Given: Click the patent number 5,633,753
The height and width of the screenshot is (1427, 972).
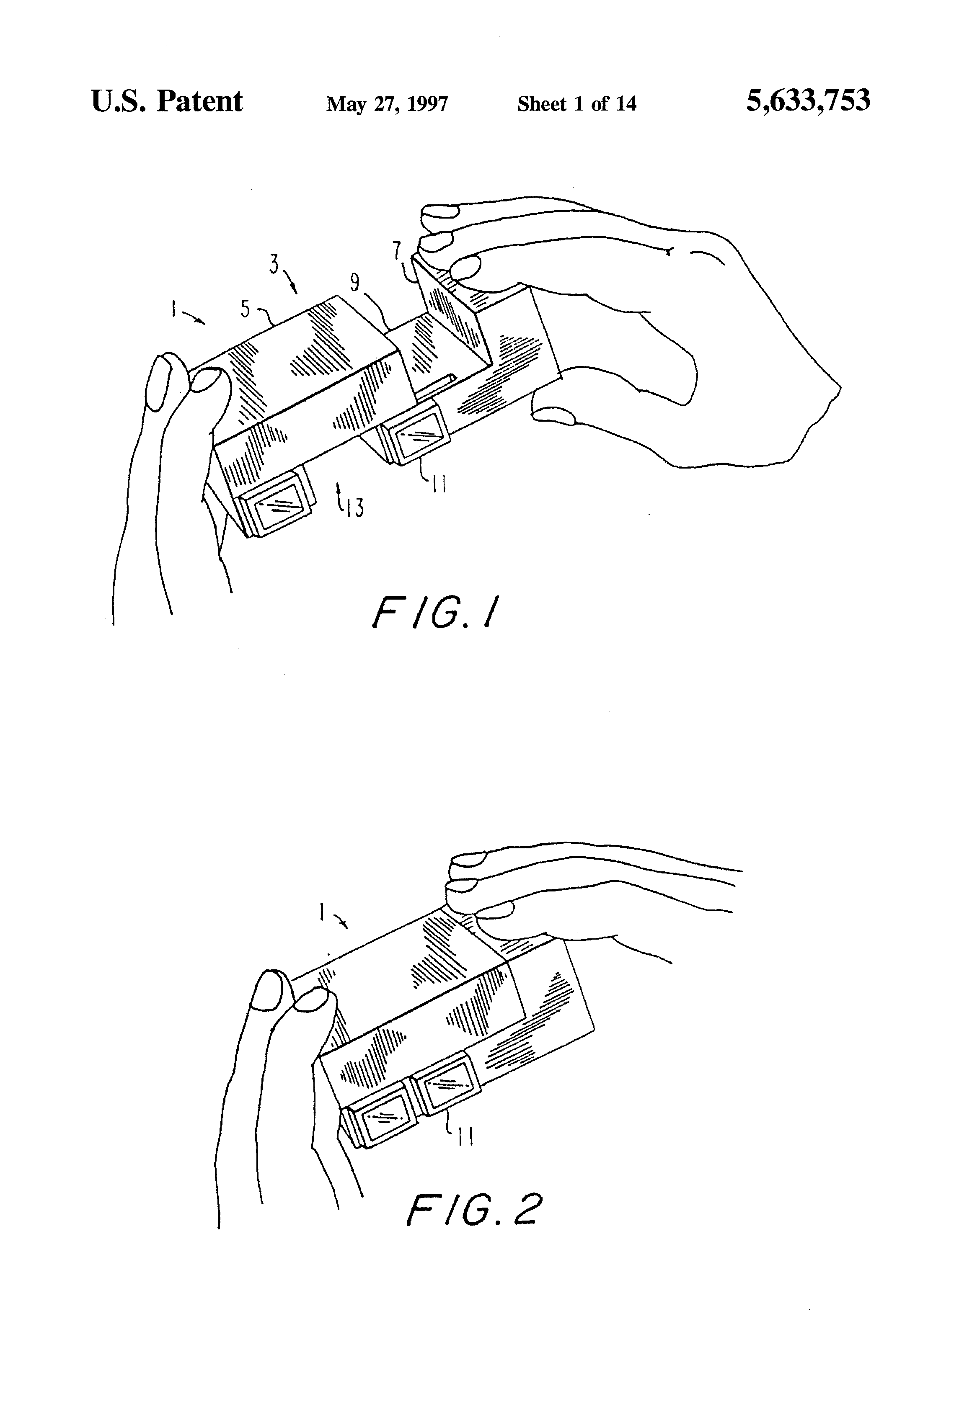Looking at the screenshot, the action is (808, 100).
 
